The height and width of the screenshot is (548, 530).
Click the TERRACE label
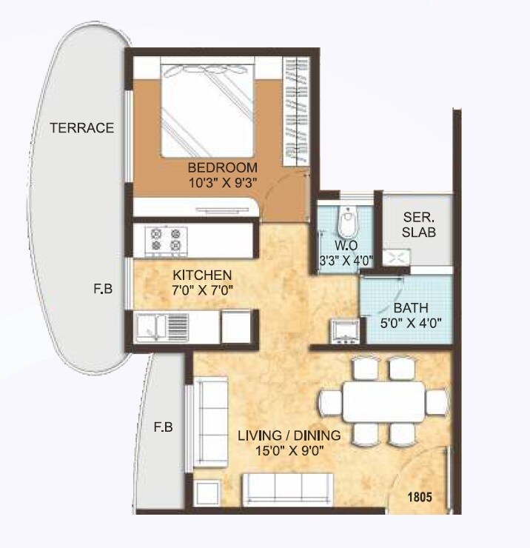(x=81, y=127)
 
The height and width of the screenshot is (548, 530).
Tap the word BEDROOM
(x=222, y=167)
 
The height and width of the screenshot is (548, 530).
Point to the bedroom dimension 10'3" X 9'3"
(x=222, y=181)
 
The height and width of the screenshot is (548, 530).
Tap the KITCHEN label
(x=198, y=274)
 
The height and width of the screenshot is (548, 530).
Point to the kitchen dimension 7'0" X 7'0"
(x=198, y=290)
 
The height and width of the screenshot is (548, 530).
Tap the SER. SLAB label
(x=418, y=225)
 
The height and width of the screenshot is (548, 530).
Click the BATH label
(x=409, y=308)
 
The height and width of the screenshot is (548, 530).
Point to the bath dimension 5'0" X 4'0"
(x=409, y=323)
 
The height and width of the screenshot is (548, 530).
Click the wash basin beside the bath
(x=345, y=331)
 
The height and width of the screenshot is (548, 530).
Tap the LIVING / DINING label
(x=289, y=435)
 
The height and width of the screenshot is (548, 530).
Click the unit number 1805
(x=420, y=497)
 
